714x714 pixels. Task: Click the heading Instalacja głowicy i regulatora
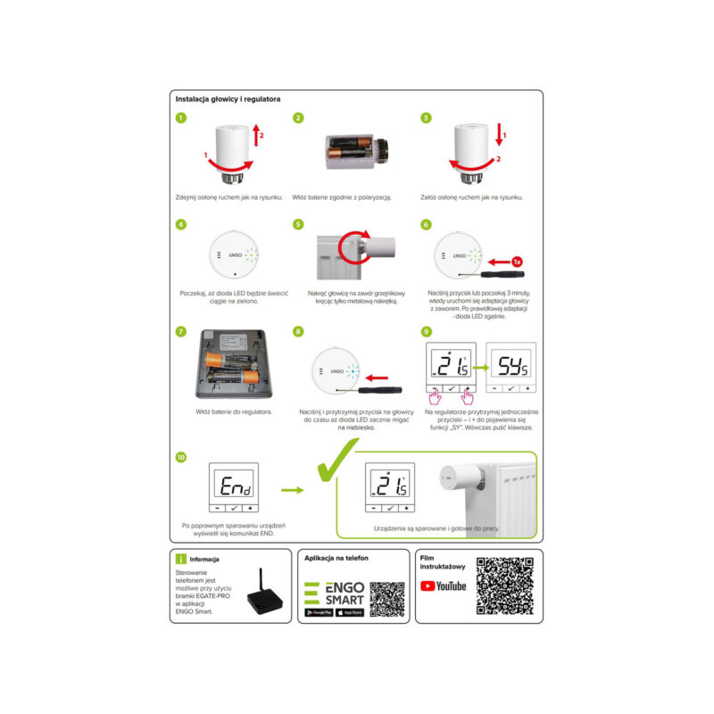228,99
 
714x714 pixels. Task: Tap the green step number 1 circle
181,118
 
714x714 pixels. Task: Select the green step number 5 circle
298,224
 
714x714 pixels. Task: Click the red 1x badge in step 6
517,261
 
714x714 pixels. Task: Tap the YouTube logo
444,585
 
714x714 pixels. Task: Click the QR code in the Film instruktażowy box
505,587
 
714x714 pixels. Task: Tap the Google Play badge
320,613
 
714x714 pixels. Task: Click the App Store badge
350,613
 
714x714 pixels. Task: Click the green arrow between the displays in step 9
478,367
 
